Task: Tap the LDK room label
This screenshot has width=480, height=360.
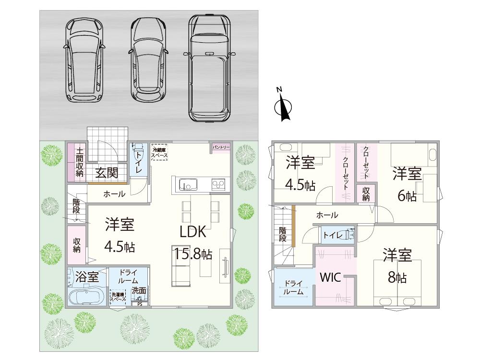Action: (193, 232)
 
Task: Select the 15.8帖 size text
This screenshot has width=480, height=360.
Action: (193, 254)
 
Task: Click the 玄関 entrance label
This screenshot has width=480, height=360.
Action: (107, 173)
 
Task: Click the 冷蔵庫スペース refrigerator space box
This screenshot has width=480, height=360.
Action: (159, 153)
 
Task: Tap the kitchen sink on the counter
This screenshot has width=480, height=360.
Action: (187, 185)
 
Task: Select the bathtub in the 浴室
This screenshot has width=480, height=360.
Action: (86, 296)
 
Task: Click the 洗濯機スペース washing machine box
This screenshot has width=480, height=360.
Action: (118, 297)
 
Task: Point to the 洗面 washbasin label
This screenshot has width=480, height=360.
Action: (139, 291)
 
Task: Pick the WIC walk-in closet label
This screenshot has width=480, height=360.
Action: (331, 278)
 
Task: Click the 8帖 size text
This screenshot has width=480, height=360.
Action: (398, 278)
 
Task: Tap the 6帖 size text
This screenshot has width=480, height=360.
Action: (407, 195)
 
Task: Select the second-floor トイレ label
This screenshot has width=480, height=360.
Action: (333, 235)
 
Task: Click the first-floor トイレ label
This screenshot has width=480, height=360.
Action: (139, 160)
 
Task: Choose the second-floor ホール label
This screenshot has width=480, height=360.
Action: (327, 216)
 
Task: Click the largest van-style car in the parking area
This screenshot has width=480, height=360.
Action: (209, 67)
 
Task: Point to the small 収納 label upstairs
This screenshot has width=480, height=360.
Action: (366, 194)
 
